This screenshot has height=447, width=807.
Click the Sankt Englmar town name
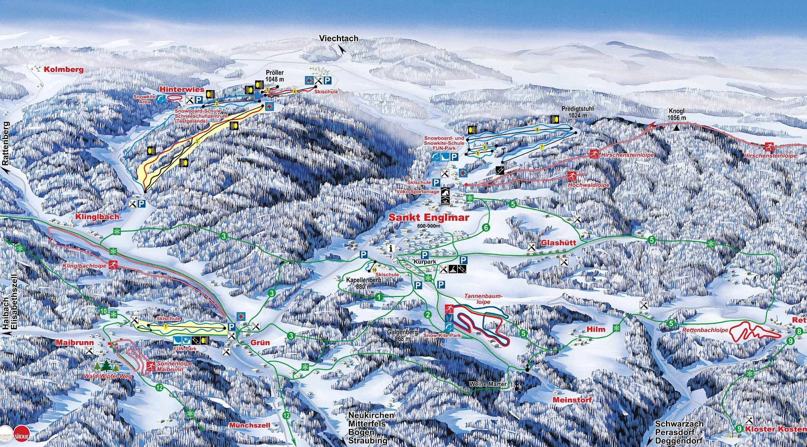(x=428, y=218)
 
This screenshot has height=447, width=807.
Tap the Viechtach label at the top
(x=338, y=39)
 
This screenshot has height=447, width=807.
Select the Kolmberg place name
(x=63, y=70)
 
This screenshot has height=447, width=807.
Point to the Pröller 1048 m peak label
(x=275, y=76)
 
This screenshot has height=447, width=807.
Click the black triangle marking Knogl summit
(x=677, y=128)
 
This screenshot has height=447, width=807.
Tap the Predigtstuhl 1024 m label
(x=577, y=112)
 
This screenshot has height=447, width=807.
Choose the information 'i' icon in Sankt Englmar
(x=391, y=248)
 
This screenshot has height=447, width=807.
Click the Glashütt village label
(x=558, y=243)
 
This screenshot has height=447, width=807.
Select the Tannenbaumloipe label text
(x=483, y=299)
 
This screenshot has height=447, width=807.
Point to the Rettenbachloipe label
(x=705, y=330)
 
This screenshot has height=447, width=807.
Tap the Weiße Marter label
(x=488, y=384)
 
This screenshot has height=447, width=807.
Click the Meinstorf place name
(x=572, y=400)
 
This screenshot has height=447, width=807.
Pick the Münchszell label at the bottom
(x=250, y=425)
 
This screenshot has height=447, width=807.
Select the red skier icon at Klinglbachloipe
(x=113, y=265)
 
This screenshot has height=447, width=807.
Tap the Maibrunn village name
(x=75, y=342)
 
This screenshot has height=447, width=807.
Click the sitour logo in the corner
(x=22, y=436)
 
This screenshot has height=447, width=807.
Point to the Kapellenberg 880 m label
(x=364, y=283)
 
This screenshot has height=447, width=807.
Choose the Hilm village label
(x=596, y=329)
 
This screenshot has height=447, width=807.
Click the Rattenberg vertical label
(x=6, y=144)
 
